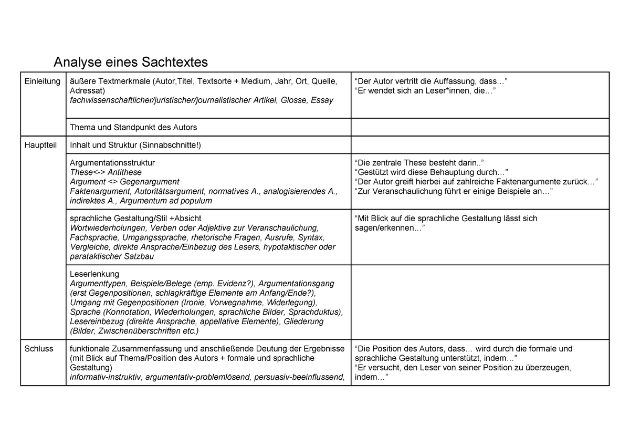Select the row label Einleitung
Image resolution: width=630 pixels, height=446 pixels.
point(43,81)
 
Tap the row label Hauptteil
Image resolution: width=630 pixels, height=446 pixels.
point(40,145)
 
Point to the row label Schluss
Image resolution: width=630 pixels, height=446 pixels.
point(39,348)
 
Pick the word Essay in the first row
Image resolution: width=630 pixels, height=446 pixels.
point(322,100)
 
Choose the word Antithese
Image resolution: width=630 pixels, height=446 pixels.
point(124,172)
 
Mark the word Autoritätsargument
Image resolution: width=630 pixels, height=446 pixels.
point(170,191)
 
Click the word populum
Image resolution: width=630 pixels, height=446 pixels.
point(193,201)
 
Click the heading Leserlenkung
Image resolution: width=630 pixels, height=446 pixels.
point(94,274)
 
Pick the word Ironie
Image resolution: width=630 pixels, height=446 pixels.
point(195,303)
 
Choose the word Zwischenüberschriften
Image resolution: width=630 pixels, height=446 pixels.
point(138,331)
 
